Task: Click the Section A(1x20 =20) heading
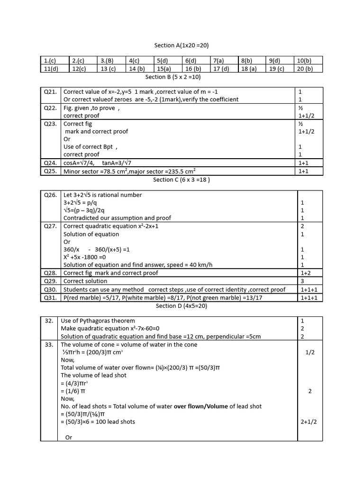point(182,45)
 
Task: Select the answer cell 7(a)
point(218,61)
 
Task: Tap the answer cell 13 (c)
point(108,69)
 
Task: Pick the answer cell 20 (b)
point(305,69)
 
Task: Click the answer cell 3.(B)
point(107,61)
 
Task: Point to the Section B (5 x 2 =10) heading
point(173,77)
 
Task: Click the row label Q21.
point(50,91)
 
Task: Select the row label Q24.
point(50,163)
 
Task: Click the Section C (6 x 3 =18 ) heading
point(182,180)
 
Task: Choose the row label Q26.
point(50,195)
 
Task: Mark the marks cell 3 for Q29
point(302,281)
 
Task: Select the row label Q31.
point(50,297)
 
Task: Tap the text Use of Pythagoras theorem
point(98,321)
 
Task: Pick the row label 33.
point(48,344)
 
